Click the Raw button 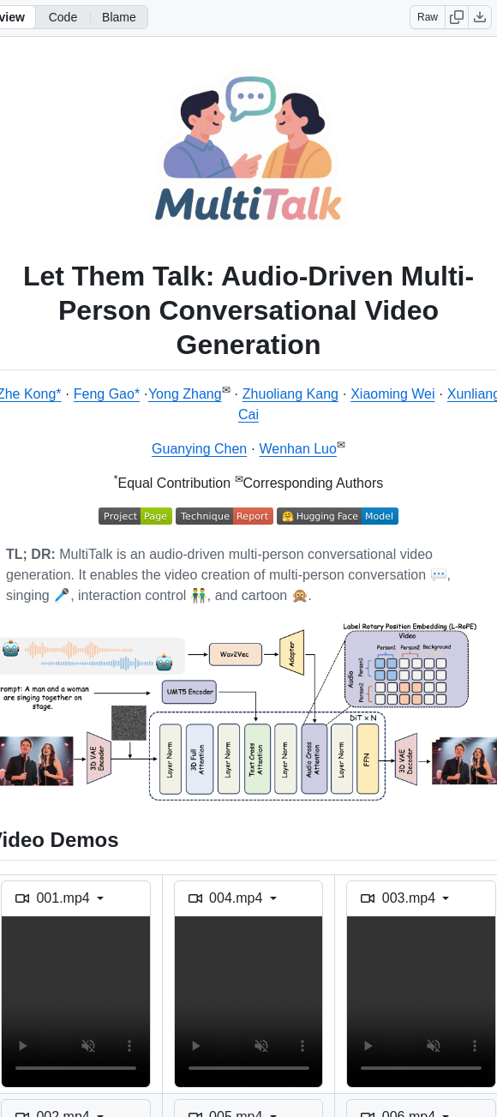point(428,17)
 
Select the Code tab point(63,17)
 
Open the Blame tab point(118,17)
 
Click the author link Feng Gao point(106,394)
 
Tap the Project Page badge point(135,516)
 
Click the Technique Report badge point(224,516)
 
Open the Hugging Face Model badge point(337,516)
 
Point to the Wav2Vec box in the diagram point(234,654)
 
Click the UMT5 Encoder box point(189,691)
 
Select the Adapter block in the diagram point(291,653)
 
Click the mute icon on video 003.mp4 point(433,1046)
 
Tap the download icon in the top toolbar point(480,17)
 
